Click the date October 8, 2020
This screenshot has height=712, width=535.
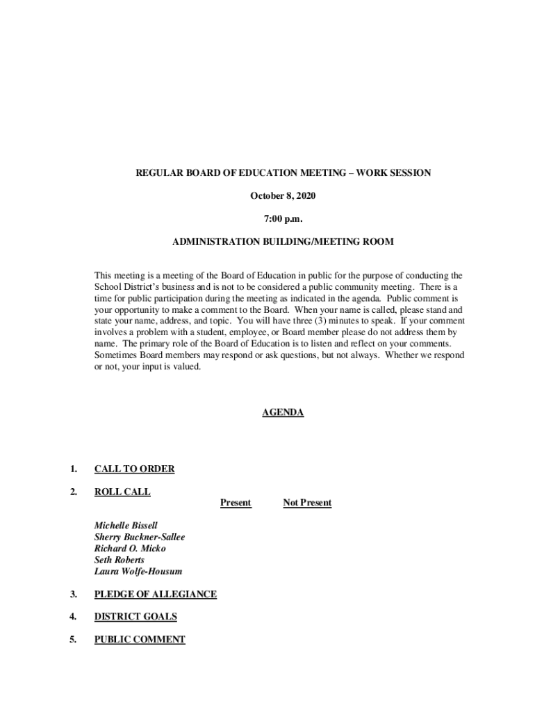point(283,196)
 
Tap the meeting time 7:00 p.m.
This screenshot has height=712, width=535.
point(283,219)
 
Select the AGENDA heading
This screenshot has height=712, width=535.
point(283,412)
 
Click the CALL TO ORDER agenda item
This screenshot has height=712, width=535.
point(134,469)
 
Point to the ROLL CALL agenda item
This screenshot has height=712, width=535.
point(122,492)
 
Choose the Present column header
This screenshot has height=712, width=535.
point(236,503)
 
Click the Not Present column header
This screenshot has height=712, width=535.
point(307,503)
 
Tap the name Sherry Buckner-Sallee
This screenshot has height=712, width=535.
point(140,537)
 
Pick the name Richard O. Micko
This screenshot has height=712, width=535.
point(130,549)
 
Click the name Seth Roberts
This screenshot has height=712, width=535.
point(120,560)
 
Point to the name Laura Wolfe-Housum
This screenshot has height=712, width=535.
point(138,572)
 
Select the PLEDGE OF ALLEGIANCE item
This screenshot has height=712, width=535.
point(156,594)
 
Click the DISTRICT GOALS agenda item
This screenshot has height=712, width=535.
point(135,617)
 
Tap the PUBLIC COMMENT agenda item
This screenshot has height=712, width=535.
point(140,640)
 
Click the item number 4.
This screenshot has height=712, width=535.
point(73,617)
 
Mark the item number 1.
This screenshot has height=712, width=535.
point(73,469)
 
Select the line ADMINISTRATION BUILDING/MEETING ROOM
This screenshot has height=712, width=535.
point(283,242)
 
